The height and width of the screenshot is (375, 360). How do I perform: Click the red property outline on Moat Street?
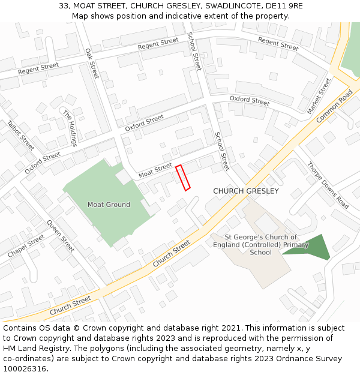click(x=183, y=178)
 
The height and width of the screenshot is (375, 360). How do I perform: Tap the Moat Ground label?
click(x=109, y=205)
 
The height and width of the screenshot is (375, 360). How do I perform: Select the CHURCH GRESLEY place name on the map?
click(x=246, y=191)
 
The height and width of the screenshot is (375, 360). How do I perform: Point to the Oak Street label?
click(x=91, y=64)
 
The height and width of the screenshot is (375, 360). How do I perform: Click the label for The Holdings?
click(x=70, y=128)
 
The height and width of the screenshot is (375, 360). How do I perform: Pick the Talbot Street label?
click(x=21, y=136)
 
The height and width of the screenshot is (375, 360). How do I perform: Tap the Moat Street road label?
click(x=155, y=171)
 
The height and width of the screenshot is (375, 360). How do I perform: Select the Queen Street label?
click(x=61, y=235)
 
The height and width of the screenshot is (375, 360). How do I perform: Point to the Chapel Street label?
click(x=26, y=246)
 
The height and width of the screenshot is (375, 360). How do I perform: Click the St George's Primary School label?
click(x=261, y=245)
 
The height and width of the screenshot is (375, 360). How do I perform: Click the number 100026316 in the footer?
click(x=25, y=368)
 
